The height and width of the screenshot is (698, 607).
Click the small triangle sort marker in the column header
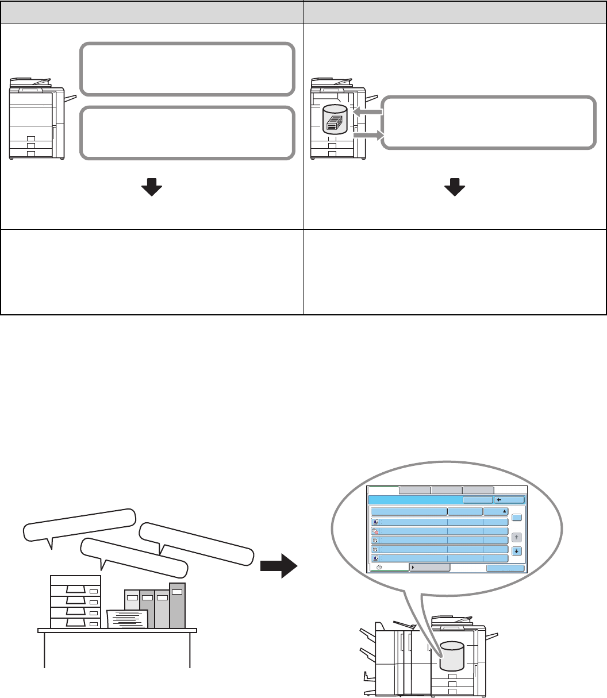504,510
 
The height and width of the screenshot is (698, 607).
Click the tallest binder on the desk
177,605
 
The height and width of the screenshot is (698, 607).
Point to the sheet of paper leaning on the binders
128,619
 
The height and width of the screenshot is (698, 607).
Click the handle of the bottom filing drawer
76,622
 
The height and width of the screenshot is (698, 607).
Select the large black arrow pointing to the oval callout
278,566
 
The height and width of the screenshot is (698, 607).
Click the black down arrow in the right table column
455,188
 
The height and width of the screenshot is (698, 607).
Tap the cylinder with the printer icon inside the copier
335,119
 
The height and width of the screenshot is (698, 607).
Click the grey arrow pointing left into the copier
366,114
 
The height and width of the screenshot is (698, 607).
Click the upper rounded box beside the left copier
187,68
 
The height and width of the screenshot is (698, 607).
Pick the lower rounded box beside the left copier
187,132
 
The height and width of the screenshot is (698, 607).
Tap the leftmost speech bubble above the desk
78,525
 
